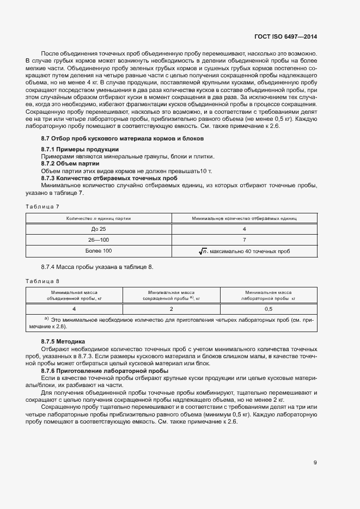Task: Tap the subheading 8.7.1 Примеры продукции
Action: tap(80, 149)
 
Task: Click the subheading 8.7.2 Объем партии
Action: tap(70, 163)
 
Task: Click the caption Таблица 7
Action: tap(42, 206)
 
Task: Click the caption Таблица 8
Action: tap(42, 281)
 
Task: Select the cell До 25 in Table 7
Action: tap(99, 229)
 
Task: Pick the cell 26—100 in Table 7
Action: tap(99, 240)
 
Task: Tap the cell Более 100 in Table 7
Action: tap(99, 251)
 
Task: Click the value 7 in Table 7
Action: tap(245, 240)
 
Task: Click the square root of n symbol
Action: tap(203, 251)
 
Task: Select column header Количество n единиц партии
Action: tap(99, 218)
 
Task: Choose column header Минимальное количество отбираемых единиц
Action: tap(245, 218)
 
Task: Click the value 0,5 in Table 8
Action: tap(269, 309)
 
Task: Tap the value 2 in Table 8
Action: tap(172, 309)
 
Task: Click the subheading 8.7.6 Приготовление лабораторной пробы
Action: tap(97, 370)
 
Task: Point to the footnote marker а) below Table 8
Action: tap(47, 318)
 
